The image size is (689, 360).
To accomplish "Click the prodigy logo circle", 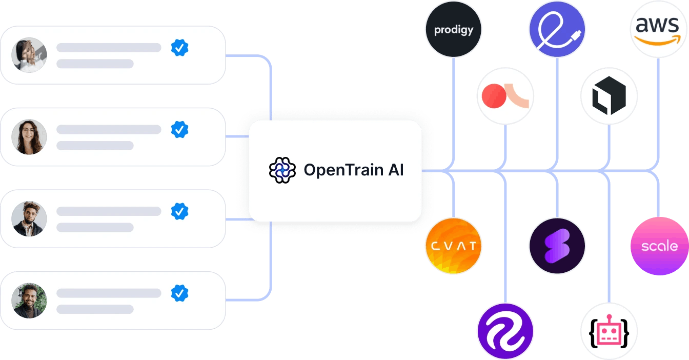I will click(x=454, y=29).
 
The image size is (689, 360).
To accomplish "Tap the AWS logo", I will click(x=658, y=29).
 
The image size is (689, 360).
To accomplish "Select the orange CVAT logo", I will click(x=454, y=246).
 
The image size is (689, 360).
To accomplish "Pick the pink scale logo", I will click(x=659, y=246).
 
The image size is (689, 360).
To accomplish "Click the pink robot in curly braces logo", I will click(x=609, y=331).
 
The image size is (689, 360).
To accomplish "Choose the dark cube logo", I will click(x=609, y=96).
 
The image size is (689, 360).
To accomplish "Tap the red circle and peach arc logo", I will click(x=505, y=96).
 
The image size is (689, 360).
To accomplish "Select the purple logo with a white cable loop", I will click(x=557, y=29).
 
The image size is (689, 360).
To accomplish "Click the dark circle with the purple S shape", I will click(x=557, y=246).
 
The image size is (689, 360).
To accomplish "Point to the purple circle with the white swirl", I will click(x=505, y=331).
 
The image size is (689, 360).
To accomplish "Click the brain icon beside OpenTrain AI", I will click(x=282, y=170).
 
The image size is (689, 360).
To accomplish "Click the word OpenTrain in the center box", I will click(x=336, y=170).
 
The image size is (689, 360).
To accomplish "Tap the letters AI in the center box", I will click(x=395, y=170).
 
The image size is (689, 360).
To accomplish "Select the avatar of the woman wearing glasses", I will click(x=29, y=137).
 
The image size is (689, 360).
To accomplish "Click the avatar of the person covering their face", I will click(x=29, y=54).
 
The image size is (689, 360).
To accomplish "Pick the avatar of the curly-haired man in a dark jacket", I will click(x=29, y=218).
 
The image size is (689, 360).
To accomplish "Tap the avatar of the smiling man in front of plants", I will click(x=29, y=301).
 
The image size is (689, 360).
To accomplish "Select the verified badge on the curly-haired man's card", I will click(x=179, y=211).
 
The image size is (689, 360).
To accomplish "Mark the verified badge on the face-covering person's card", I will click(x=179, y=48).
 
